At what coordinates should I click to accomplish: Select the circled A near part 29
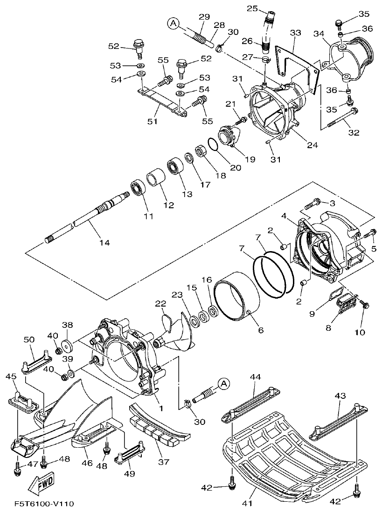coord(173,23)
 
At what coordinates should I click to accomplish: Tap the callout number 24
coord(312,145)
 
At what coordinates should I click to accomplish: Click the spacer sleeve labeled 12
coord(155,183)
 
